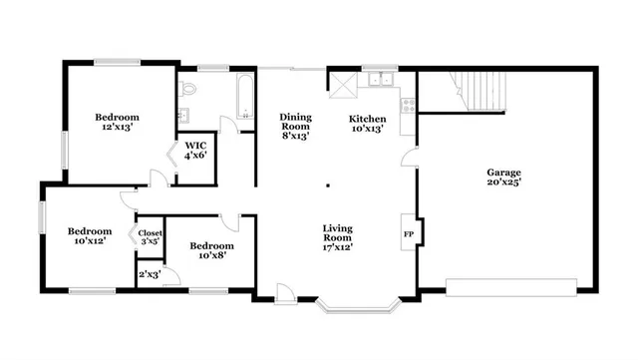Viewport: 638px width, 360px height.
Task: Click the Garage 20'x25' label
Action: pos(504,178)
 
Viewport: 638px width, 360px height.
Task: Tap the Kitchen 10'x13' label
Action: pos(367,124)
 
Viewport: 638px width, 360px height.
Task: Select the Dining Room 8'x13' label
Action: pos(295,126)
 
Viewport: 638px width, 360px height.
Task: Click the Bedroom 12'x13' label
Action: pos(117,123)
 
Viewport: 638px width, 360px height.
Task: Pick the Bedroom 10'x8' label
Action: pos(211,250)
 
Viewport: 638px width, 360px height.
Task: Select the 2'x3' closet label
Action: pos(150,274)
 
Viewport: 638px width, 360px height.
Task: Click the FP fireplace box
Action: pos(408,233)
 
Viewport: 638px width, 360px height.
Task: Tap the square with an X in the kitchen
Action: pos(343,84)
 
